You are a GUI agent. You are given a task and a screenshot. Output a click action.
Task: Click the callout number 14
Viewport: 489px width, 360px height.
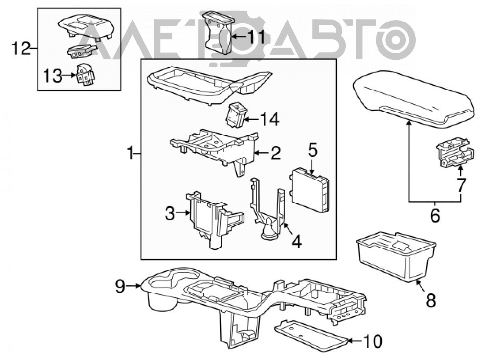pos(270,119)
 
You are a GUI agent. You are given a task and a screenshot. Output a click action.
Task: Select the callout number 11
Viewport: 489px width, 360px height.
pos(256,37)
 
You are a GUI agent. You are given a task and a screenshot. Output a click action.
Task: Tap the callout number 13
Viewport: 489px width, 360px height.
pos(52,76)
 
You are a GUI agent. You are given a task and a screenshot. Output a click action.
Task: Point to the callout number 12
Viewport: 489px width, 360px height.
pos(21,48)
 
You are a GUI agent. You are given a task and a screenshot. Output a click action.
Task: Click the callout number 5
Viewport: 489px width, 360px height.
pos(313,150)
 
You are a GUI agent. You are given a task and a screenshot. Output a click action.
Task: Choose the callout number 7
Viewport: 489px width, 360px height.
pos(461,185)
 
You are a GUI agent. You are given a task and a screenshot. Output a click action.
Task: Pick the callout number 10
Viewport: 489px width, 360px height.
pos(373,341)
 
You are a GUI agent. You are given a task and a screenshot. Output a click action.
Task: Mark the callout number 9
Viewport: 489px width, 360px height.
pos(120,286)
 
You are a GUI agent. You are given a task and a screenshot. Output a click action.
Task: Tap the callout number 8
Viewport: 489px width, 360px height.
pos(431,301)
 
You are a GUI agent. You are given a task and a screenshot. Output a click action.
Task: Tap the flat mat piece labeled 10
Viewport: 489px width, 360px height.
pos(311,337)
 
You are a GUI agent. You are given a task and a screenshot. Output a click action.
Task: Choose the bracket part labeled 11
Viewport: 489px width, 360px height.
pos(219,33)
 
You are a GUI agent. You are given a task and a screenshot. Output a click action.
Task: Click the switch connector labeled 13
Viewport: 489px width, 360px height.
pos(86,74)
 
